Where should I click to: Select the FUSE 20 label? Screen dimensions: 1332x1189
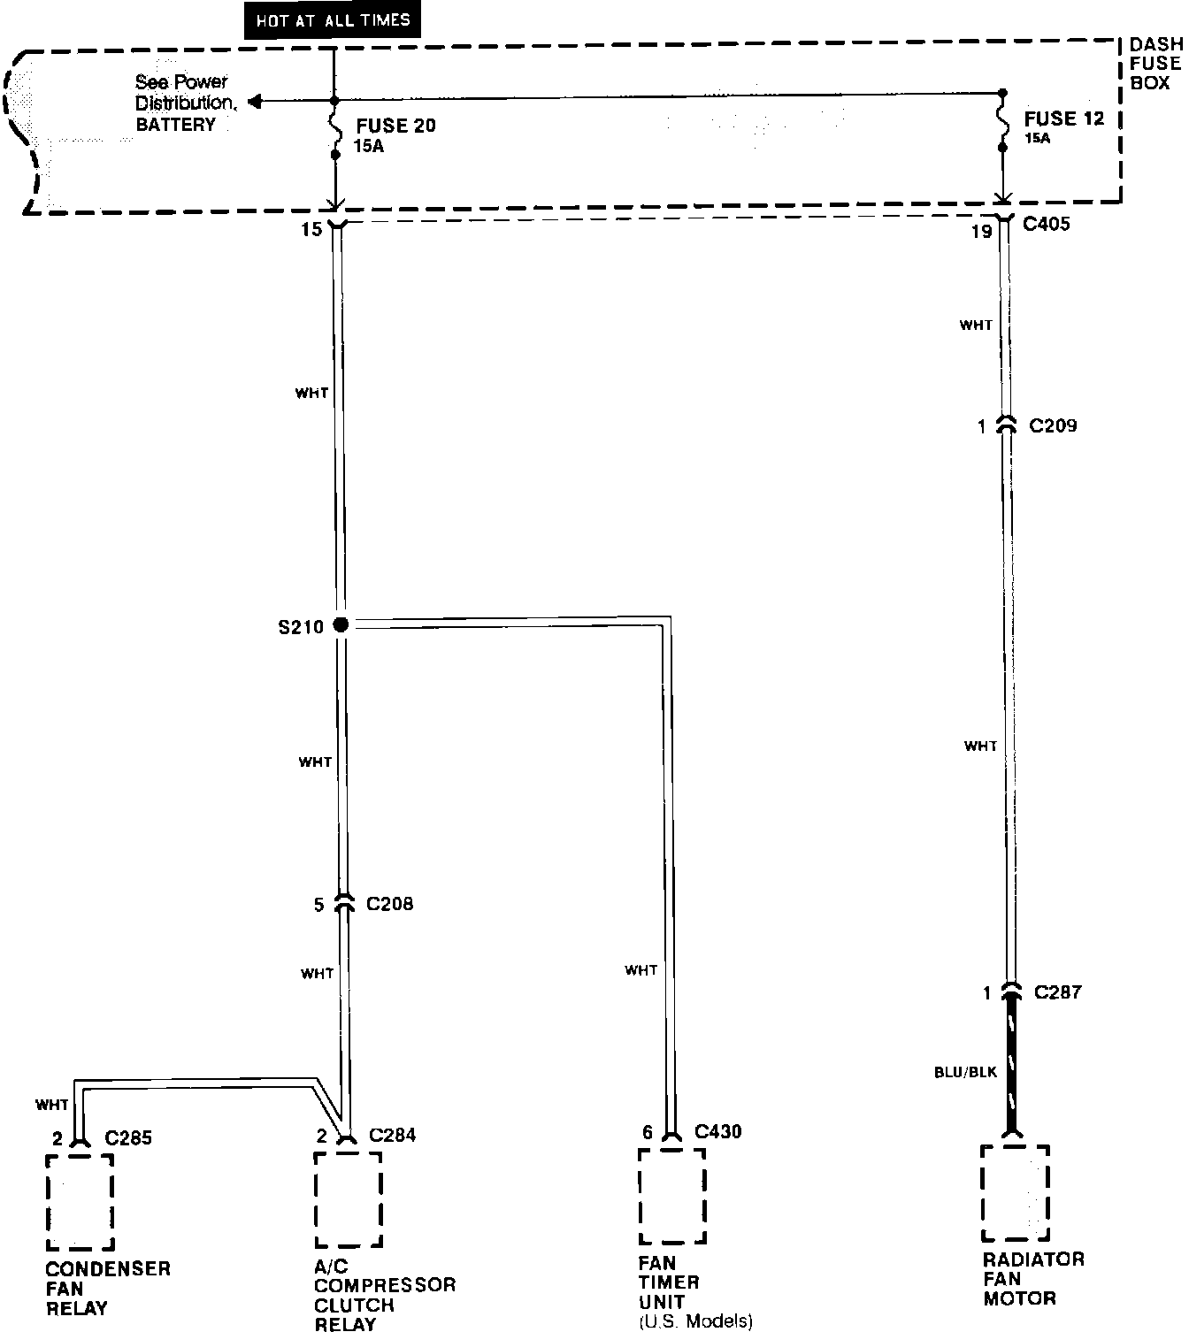tap(395, 126)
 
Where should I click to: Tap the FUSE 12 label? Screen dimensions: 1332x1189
tap(1064, 119)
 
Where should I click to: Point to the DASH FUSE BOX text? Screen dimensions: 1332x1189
tap(1155, 64)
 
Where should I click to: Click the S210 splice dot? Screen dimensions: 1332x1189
tap(341, 625)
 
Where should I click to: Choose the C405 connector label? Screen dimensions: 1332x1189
tap(1047, 225)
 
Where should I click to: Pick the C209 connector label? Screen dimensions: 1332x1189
tap(1053, 426)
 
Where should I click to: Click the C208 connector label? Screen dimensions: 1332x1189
tap(389, 905)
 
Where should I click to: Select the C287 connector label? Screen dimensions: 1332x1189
tap(1058, 992)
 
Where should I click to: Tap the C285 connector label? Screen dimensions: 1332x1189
tap(128, 1137)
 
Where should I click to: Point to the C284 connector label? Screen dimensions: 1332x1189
tap(392, 1135)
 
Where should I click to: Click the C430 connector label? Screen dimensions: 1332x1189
tap(718, 1131)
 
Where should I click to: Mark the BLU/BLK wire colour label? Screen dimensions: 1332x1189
tap(965, 1072)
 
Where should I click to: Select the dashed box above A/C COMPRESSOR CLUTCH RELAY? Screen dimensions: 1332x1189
tap(349, 1199)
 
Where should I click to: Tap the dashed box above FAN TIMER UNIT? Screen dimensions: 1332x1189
tap(671, 1196)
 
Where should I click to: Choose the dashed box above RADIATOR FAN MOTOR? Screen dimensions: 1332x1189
tap(1015, 1193)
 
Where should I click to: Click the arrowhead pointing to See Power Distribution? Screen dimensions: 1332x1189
tap(255, 103)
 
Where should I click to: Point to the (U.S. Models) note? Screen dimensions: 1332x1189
tap(695, 1322)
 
